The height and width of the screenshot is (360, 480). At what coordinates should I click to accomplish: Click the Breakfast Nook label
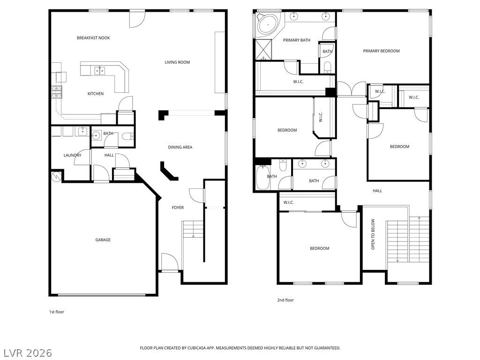93,38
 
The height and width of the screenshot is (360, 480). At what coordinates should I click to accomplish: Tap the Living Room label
177,62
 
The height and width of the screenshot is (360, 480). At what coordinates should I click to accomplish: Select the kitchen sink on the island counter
99,71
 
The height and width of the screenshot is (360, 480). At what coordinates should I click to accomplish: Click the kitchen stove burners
56,92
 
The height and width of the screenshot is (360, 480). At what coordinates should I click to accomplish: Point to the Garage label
103,240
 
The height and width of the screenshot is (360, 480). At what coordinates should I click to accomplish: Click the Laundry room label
73,156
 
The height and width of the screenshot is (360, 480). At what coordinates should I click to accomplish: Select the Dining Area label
180,147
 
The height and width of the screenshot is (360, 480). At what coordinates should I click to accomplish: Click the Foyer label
178,208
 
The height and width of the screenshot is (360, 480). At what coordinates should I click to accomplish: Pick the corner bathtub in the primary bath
267,23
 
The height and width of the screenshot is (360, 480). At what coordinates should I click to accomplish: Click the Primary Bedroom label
381,51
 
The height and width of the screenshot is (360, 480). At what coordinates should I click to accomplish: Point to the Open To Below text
374,234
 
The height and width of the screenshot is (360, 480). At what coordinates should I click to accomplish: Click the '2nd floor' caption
285,300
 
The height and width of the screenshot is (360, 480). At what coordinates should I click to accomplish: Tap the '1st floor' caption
57,312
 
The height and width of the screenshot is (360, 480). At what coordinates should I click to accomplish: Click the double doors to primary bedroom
352,89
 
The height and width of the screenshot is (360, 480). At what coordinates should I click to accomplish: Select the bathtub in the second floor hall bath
262,179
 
